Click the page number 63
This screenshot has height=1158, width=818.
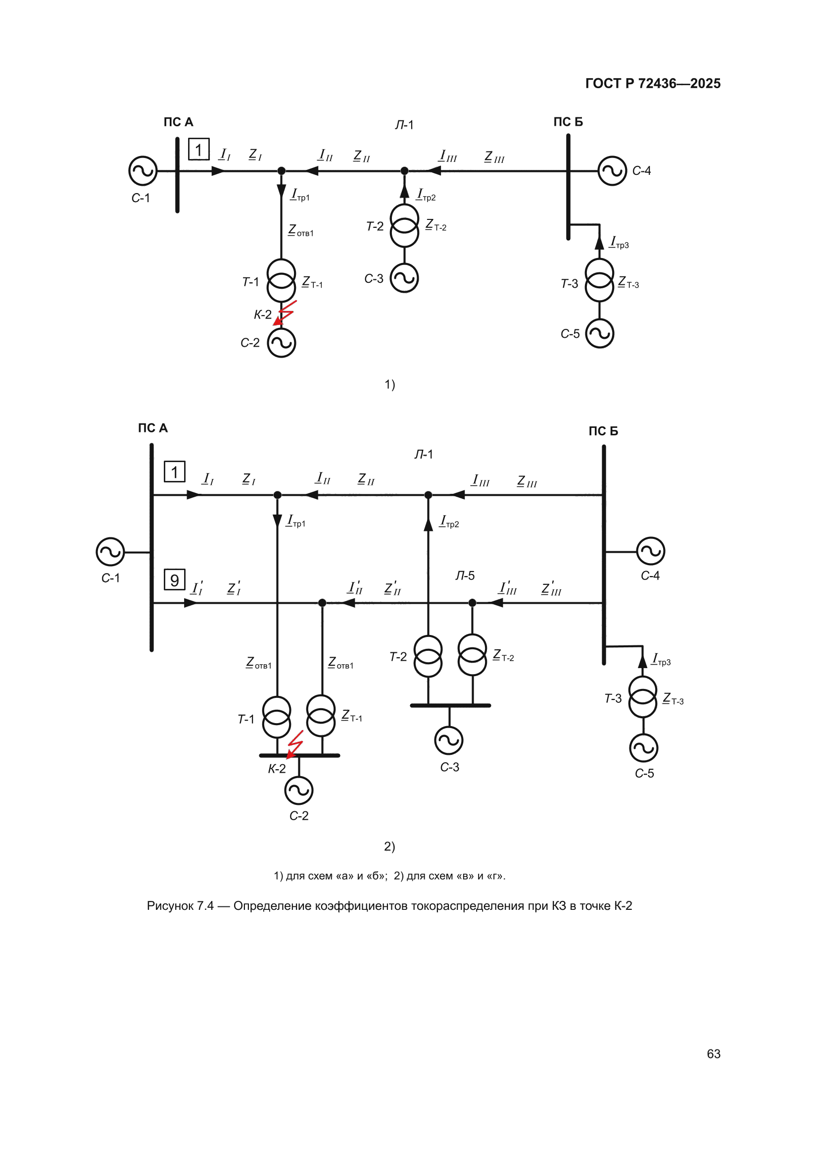click(x=713, y=1053)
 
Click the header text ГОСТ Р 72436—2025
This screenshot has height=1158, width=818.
click(x=653, y=83)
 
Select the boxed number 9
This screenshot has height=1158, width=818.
click(x=174, y=580)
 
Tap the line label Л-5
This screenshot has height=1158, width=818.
click(x=465, y=576)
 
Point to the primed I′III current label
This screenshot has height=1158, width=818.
click(x=508, y=588)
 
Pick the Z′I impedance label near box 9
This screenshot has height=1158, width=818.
click(x=234, y=588)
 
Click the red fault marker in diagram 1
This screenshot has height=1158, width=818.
click(x=285, y=313)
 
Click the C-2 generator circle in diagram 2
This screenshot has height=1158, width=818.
click(x=299, y=790)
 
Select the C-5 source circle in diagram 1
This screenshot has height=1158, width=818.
click(x=599, y=333)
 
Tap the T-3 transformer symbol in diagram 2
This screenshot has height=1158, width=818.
click(x=643, y=697)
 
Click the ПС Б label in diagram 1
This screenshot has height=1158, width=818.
click(x=568, y=122)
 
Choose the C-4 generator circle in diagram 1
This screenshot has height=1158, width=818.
click(x=612, y=171)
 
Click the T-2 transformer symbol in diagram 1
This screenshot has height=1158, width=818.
click(x=404, y=225)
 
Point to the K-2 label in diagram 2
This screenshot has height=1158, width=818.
click(x=277, y=769)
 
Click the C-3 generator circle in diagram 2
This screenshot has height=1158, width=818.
click(x=448, y=740)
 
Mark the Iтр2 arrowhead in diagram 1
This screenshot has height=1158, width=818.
click(x=404, y=191)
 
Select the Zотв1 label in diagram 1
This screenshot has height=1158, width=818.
click(x=301, y=231)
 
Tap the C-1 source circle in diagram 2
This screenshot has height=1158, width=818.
click(x=110, y=552)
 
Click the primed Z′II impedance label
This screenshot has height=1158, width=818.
click(x=392, y=588)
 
